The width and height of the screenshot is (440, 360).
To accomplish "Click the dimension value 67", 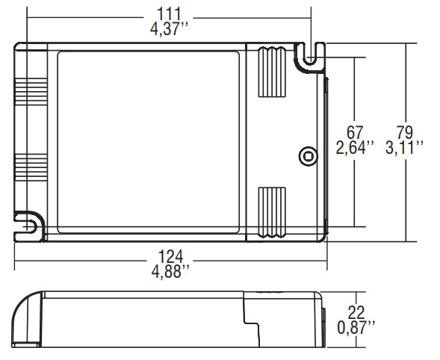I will pos(354,133).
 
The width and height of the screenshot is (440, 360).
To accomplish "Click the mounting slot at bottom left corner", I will pos(30,225).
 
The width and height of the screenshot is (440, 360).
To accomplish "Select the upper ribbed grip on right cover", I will pos(272,73).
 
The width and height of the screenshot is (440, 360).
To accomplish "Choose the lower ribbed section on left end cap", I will pos(30,171).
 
